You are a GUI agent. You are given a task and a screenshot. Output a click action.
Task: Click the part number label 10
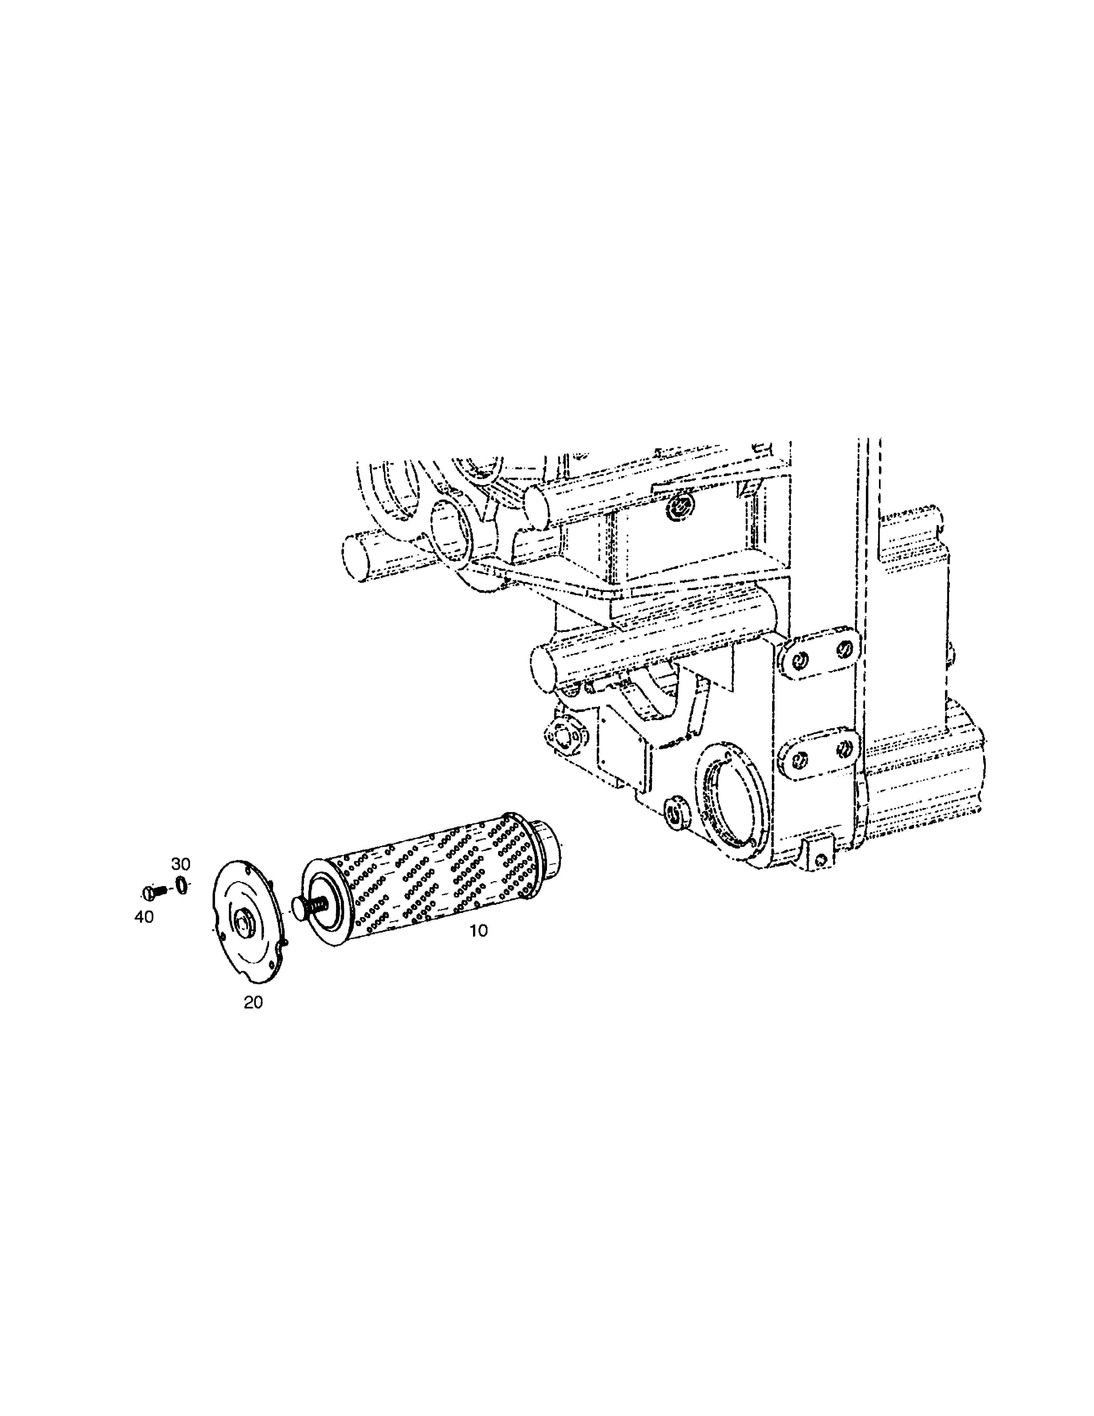[x=478, y=930]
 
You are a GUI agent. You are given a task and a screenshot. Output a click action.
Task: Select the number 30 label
[x=181, y=863]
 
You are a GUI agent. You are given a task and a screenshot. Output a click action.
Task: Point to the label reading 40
[x=144, y=917]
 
